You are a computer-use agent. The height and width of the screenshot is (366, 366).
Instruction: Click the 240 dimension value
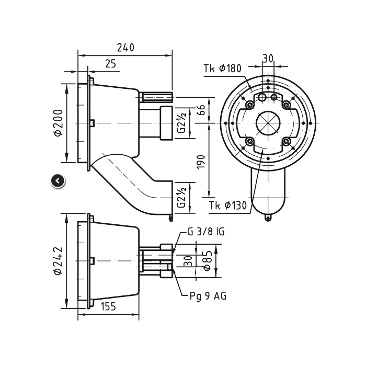coord(125,48)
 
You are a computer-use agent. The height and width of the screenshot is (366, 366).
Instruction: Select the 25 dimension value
coord(110,63)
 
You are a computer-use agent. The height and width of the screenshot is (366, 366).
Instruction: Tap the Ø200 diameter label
coord(59,123)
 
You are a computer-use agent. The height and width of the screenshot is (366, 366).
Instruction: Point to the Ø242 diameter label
coord(59,261)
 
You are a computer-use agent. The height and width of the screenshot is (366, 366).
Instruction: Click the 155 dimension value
coord(108,306)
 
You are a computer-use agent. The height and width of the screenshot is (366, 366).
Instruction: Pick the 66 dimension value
coord(201,110)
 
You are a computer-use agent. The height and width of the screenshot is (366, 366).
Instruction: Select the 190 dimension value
coord(201,162)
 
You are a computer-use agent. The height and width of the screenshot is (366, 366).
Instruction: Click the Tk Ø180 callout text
coord(222,68)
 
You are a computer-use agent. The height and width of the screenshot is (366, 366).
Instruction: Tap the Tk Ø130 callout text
coord(228,205)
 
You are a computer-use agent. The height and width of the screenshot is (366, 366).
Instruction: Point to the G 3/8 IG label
coord(206,232)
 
